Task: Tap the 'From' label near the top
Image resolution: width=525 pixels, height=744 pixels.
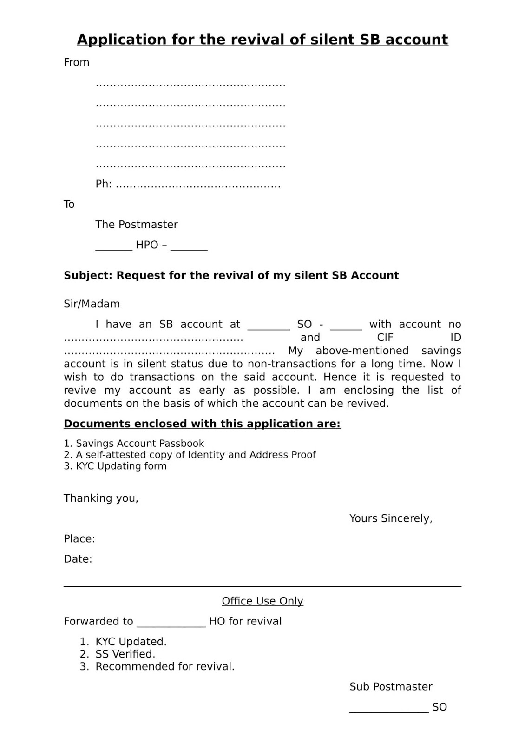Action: (76, 62)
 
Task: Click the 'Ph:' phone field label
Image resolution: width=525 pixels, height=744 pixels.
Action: (103, 184)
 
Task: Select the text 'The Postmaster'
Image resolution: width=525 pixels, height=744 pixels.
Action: (137, 225)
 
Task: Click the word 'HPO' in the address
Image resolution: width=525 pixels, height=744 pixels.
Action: (147, 245)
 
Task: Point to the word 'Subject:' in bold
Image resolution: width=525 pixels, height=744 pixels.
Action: (88, 275)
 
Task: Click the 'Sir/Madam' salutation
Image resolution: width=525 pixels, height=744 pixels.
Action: (92, 304)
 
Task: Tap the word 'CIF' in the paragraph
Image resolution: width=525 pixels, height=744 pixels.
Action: (385, 338)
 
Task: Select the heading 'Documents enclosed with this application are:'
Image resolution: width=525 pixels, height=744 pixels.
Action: (202, 424)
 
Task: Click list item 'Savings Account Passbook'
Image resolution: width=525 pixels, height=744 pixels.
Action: (139, 444)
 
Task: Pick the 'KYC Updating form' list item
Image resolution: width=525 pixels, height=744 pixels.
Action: (121, 466)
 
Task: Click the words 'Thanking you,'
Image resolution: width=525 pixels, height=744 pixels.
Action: (101, 498)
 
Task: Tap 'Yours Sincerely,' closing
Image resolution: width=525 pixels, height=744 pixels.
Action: (391, 518)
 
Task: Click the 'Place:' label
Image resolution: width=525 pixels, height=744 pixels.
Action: (79, 539)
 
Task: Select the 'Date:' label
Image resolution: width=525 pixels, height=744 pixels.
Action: (78, 559)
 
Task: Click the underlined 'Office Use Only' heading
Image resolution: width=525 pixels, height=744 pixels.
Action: (262, 601)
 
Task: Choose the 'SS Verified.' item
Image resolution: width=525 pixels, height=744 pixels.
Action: (125, 654)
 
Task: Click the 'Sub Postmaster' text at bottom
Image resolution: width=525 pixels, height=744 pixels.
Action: (391, 687)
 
